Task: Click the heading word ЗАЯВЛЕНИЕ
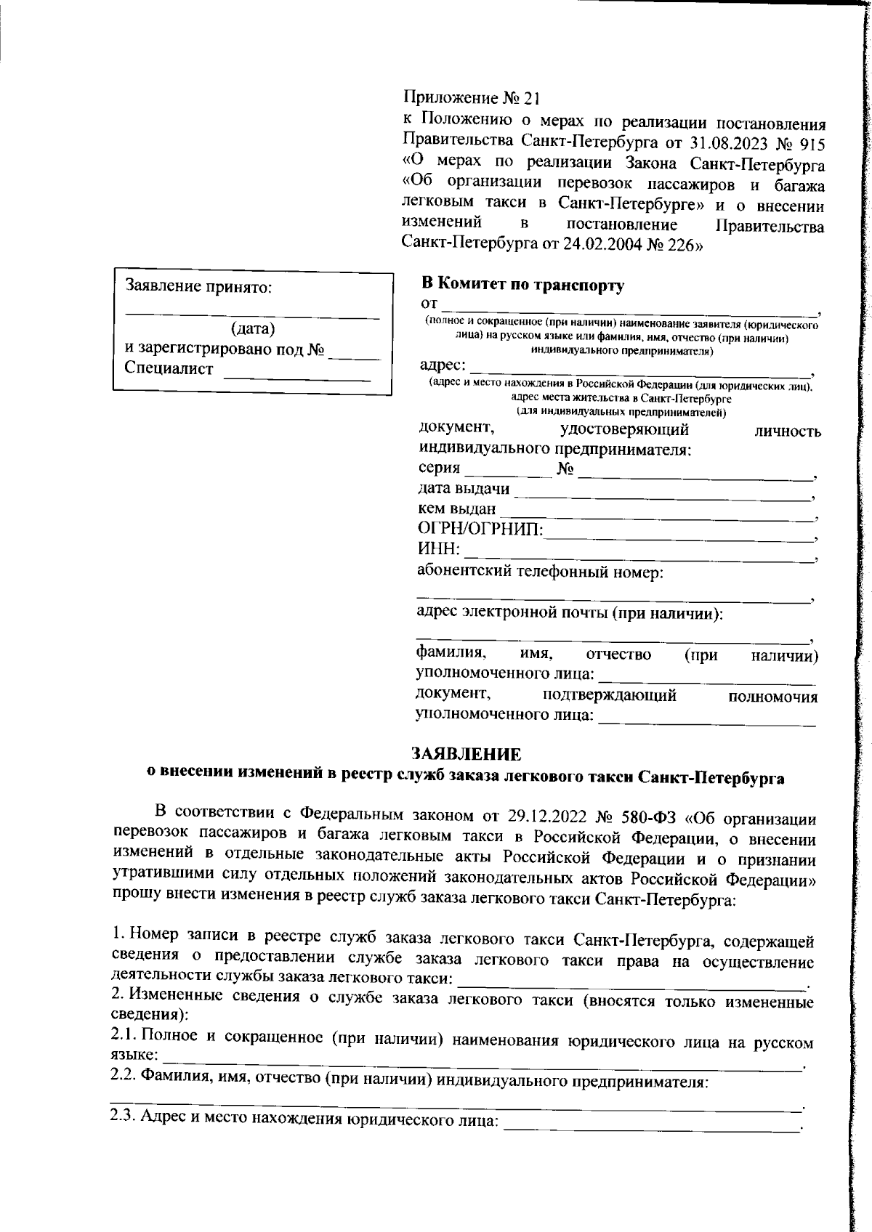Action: click(x=466, y=753)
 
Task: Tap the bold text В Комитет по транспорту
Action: click(x=522, y=285)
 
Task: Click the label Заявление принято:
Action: click(x=198, y=286)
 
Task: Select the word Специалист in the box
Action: click(x=169, y=368)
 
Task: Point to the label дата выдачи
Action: click(x=464, y=489)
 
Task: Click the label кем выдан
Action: click(x=457, y=509)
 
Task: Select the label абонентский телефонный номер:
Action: click(x=540, y=572)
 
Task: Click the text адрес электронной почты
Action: click(x=511, y=613)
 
